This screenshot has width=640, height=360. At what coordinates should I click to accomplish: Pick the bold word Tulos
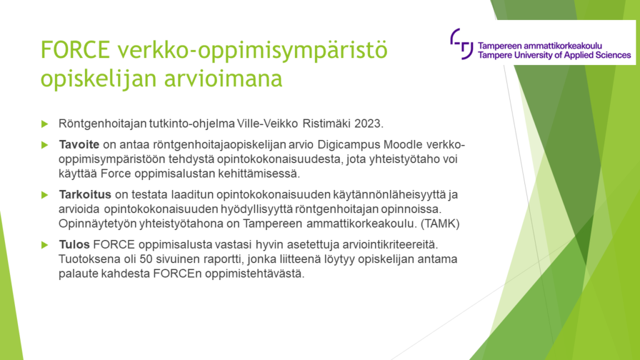[72, 243]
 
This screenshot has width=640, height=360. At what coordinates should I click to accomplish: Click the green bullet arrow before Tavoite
[44, 144]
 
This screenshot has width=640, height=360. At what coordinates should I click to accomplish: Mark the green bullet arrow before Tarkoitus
[44, 194]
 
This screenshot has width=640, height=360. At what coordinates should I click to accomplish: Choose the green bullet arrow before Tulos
[44, 243]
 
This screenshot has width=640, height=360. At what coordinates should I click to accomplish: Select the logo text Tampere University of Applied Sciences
[554, 55]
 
